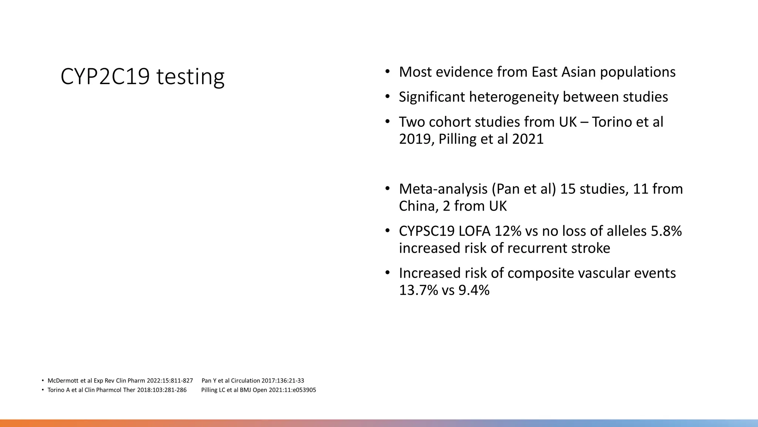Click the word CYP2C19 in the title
click(105, 77)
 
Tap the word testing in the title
click(190, 77)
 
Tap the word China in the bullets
click(418, 206)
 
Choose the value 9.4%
click(474, 290)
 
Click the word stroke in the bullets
click(591, 248)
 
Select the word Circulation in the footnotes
click(245, 381)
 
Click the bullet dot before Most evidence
click(387, 72)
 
